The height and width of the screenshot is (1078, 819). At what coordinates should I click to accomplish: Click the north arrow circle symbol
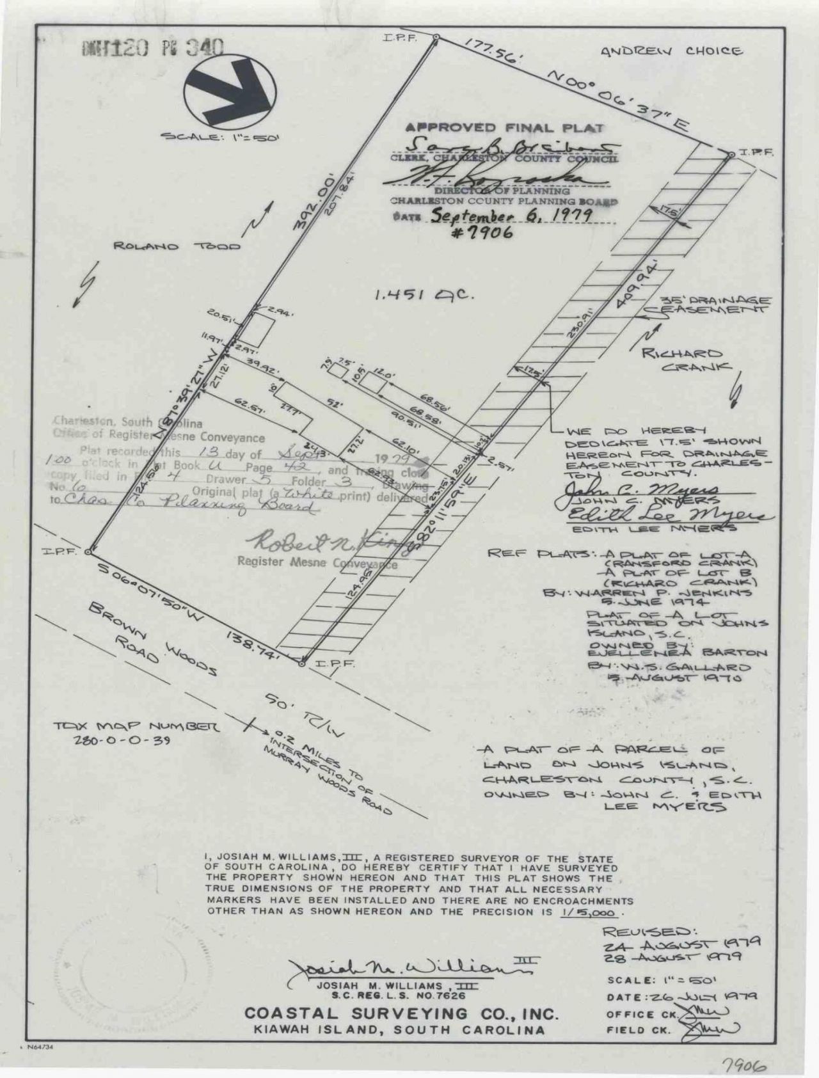[x=231, y=91]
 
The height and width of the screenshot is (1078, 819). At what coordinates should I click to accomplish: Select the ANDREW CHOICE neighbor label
[x=671, y=51]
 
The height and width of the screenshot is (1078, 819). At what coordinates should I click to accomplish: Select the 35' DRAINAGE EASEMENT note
[x=706, y=305]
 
